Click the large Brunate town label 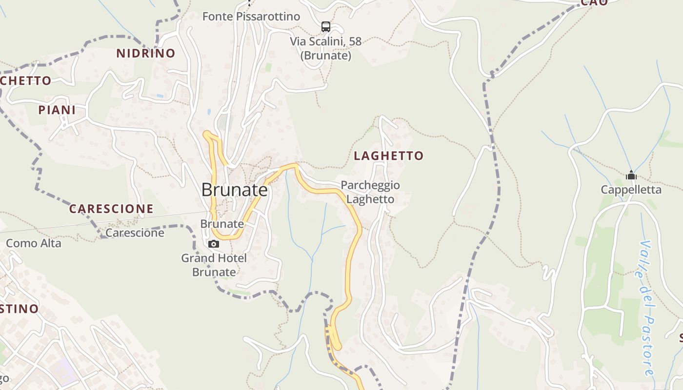(x=235, y=190)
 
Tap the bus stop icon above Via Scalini (x=325, y=27)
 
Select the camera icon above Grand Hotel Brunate (x=214, y=244)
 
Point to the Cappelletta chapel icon (x=631, y=175)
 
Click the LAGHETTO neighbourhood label (x=388, y=156)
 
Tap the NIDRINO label (x=145, y=54)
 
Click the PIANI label (x=57, y=110)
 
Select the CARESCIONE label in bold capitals (x=111, y=209)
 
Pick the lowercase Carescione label (x=135, y=233)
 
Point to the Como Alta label (x=34, y=243)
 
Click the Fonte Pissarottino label (x=251, y=17)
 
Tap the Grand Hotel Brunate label (x=214, y=265)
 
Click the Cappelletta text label (x=631, y=190)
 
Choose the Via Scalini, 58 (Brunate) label (x=326, y=48)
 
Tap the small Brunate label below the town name (x=222, y=224)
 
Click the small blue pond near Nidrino (x=209, y=112)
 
